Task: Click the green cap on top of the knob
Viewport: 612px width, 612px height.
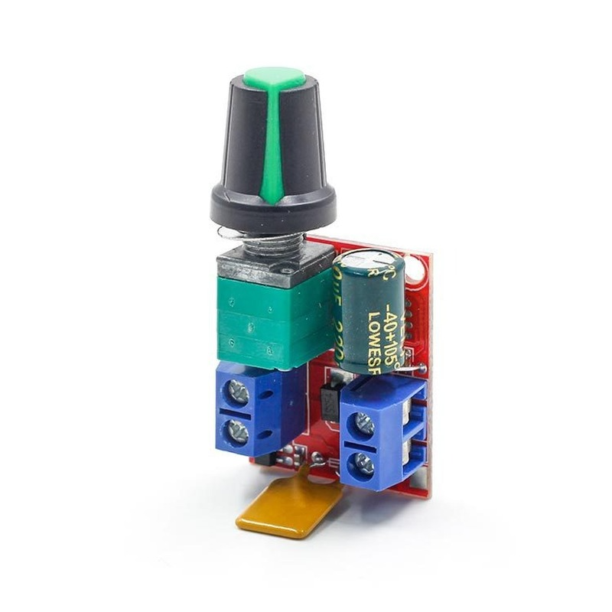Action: pyautogui.click(x=274, y=76)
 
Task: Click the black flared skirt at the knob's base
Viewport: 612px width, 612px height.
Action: pyautogui.click(x=273, y=205)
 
